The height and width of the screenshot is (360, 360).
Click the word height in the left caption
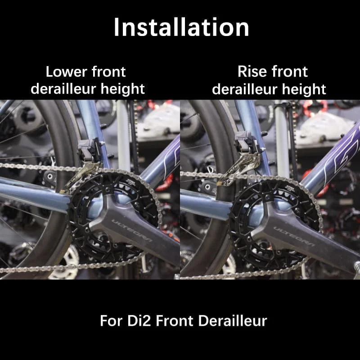coord(123,89)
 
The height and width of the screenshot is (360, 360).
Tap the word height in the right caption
coord(303,89)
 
